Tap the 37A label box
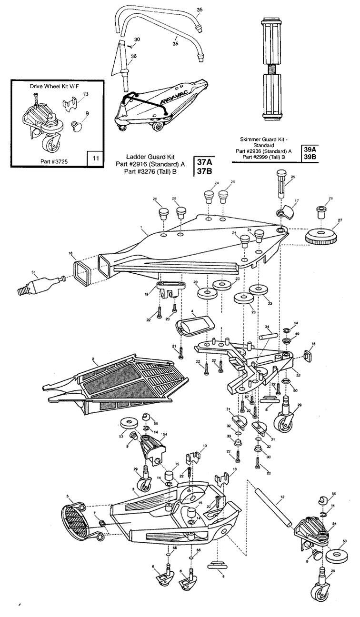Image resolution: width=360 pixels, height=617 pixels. [204, 162]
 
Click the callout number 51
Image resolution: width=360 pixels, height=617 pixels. [33, 272]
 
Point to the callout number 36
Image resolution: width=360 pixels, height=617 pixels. [133, 56]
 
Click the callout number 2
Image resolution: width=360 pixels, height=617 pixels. [93, 360]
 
